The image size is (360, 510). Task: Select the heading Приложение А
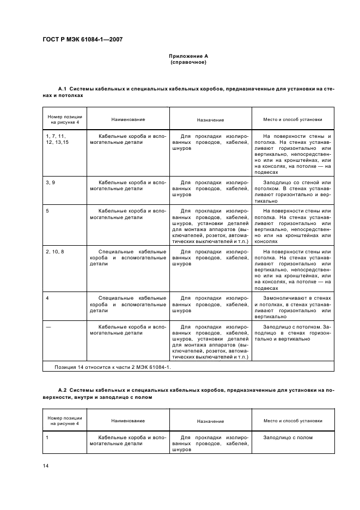(x=188, y=56)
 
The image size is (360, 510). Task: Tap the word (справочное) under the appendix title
(x=188, y=62)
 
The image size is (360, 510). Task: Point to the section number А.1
(x=62, y=88)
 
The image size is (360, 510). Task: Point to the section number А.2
(x=62, y=391)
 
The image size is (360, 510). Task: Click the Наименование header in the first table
(x=128, y=119)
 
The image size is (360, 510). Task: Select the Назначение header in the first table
(x=210, y=120)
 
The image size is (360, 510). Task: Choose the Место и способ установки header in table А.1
(x=292, y=119)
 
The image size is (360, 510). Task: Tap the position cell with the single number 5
(x=47, y=210)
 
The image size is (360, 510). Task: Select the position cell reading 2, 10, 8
(x=55, y=252)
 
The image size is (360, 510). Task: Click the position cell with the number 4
(x=47, y=298)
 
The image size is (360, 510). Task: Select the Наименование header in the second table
(x=128, y=421)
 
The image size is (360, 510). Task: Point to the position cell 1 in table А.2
(x=47, y=437)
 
